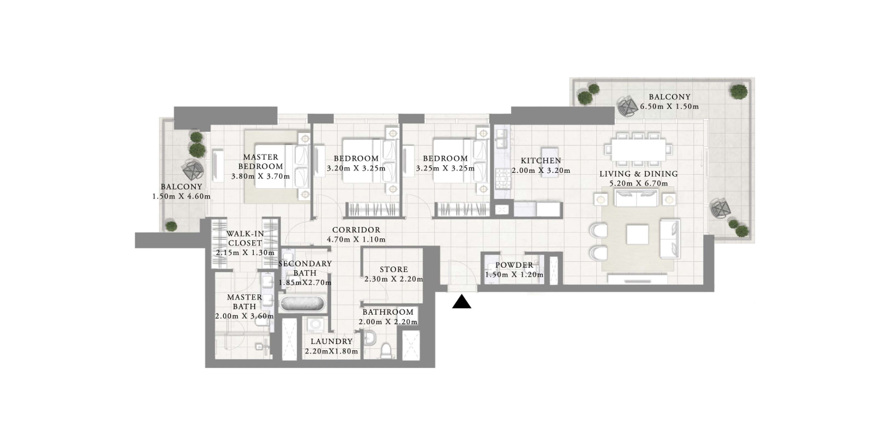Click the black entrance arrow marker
pyautogui.click(x=462, y=301)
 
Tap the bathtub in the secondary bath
pyautogui.click(x=303, y=304)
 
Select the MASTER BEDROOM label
pyautogui.click(x=261, y=161)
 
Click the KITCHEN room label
pyautogui.click(x=541, y=160)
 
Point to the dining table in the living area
pyautogui.click(x=638, y=150)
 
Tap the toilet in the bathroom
pyautogui.click(x=385, y=351)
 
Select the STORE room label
pyautogui.click(x=394, y=270)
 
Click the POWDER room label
pyautogui.click(x=514, y=265)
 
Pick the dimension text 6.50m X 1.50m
pyautogui.click(x=669, y=107)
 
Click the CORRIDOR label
pyautogui.click(x=356, y=229)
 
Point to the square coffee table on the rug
pyautogui.click(x=637, y=235)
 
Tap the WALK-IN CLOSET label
pyautogui.click(x=245, y=238)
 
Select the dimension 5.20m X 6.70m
pyautogui.click(x=638, y=184)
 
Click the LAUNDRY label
pyautogui.click(x=331, y=341)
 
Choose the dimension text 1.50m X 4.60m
pyautogui.click(x=181, y=196)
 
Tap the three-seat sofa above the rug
pyautogui.click(x=636, y=198)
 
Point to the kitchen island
pyautogui.click(x=549, y=162)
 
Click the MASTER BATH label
pyautogui.click(x=244, y=301)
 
